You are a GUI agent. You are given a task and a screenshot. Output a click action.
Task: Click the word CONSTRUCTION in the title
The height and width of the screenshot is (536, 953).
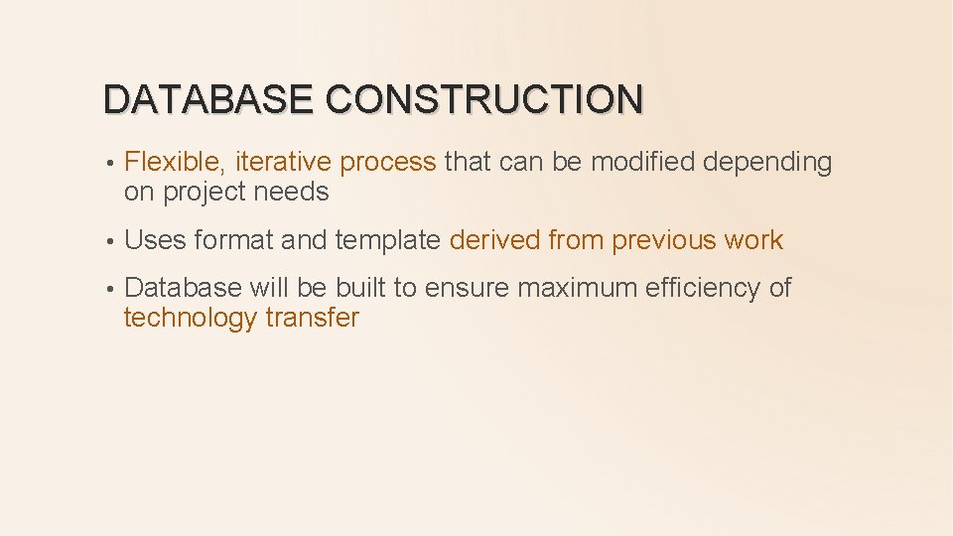(x=483, y=99)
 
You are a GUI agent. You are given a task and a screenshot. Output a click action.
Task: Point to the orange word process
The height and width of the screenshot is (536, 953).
(x=387, y=163)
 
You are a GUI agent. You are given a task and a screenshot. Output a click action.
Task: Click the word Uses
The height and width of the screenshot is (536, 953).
(x=156, y=240)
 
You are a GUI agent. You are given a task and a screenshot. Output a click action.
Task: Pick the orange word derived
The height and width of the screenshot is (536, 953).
(x=494, y=240)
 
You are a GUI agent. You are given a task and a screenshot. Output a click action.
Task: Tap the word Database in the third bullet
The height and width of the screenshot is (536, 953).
(x=184, y=288)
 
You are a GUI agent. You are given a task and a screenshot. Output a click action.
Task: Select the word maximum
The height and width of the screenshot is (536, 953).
(x=578, y=288)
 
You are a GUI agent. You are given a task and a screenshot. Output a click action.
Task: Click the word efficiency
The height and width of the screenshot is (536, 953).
(x=704, y=288)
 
